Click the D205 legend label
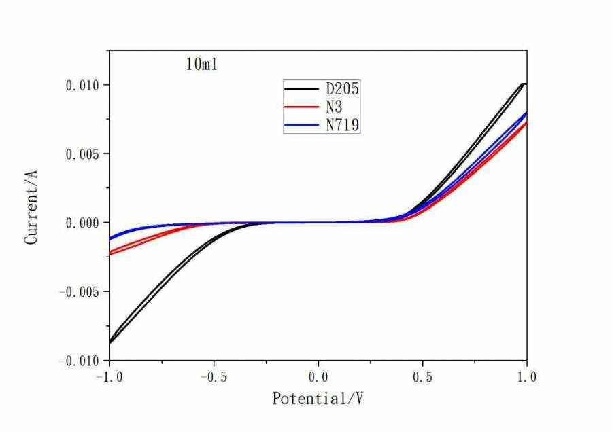341,89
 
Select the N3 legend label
333,107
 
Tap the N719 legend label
341,125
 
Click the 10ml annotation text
201,65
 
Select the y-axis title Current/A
31,209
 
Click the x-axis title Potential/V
318,399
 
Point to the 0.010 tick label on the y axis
82,85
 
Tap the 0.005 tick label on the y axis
82,154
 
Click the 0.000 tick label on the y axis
82,223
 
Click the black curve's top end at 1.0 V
524,84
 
